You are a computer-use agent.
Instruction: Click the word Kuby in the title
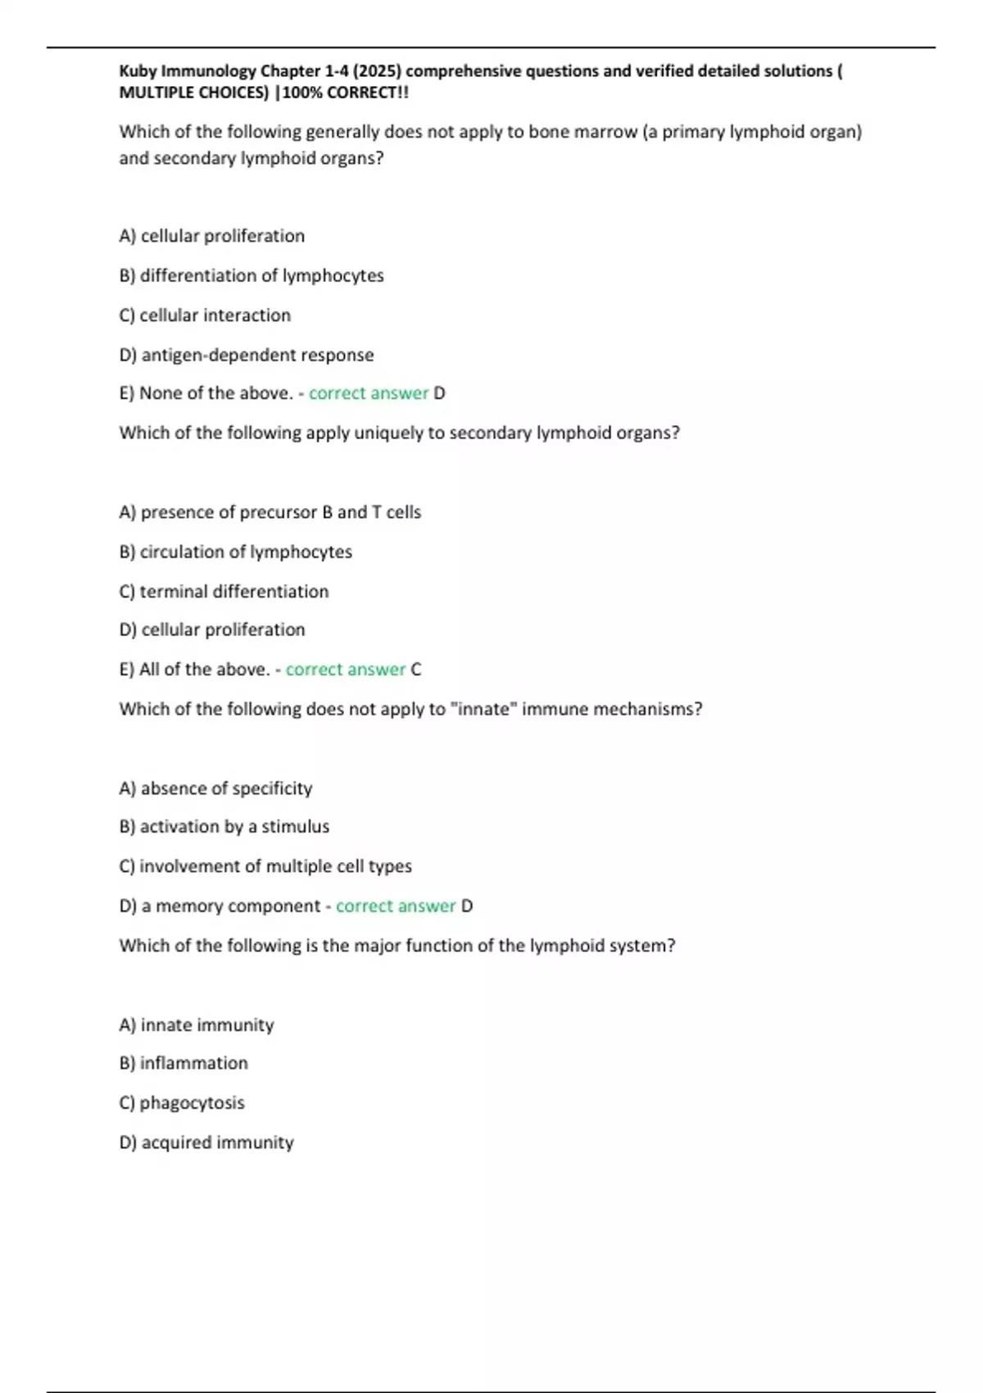(x=138, y=71)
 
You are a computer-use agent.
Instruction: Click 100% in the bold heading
(x=303, y=93)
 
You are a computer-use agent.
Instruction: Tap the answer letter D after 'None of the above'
(x=439, y=393)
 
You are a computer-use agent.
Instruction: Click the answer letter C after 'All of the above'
(x=415, y=669)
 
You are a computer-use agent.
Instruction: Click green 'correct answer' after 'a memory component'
(x=396, y=906)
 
